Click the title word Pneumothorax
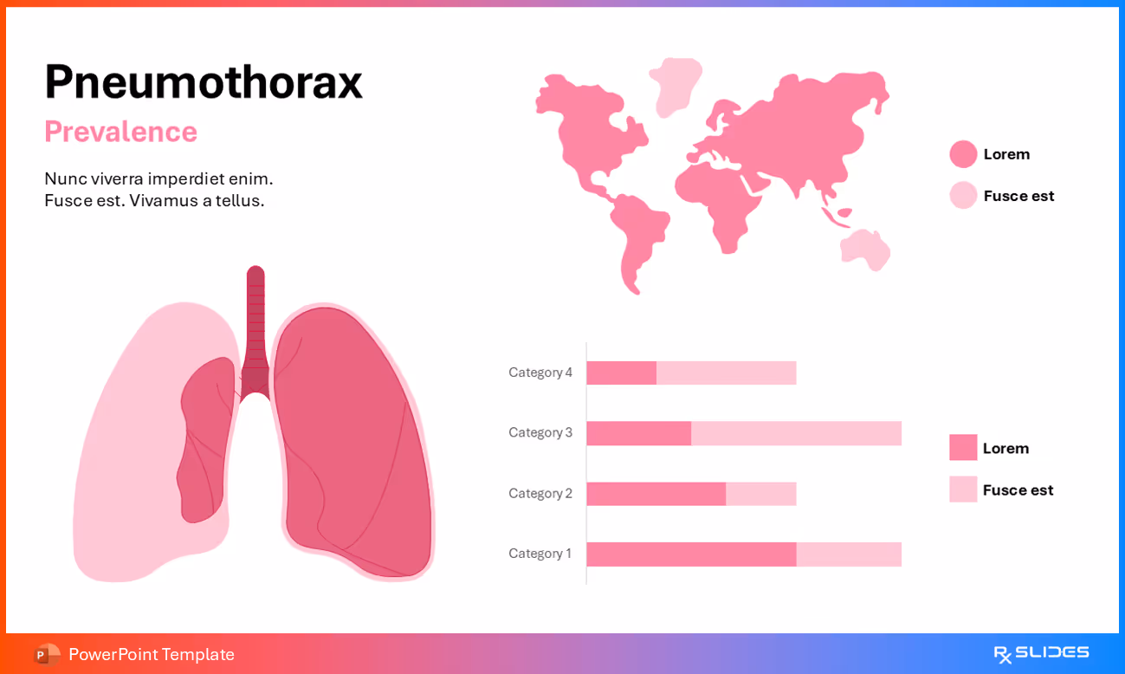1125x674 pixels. [203, 82]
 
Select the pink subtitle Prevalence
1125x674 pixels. [120, 132]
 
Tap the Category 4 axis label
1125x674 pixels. [540, 373]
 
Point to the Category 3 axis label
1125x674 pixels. [540, 432]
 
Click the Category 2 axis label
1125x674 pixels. [540, 493]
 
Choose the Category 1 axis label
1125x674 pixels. [540, 554]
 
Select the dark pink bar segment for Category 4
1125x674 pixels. [621, 373]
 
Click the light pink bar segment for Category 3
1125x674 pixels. [796, 433]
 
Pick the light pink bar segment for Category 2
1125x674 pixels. [760, 494]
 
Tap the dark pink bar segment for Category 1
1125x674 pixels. [691, 554]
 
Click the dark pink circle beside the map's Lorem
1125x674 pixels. [963, 154]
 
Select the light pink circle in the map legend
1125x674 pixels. [963, 196]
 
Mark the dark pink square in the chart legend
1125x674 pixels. [963, 448]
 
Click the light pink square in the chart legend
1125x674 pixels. [963, 489]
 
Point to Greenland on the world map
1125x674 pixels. [676, 84]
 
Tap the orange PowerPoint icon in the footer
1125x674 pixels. [47, 654]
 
